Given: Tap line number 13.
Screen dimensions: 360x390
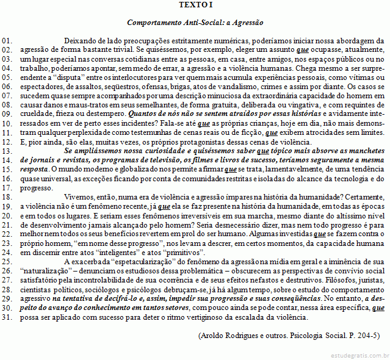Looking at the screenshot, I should coord(7,150).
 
